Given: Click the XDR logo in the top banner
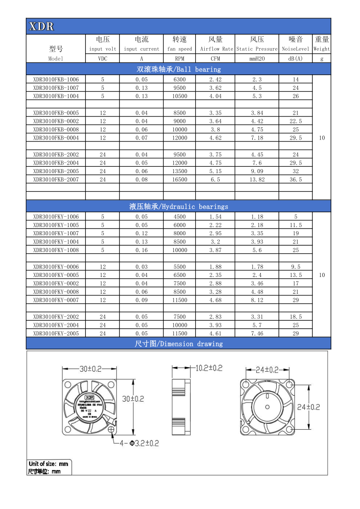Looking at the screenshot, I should [41, 26].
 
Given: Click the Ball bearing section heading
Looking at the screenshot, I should [178, 69].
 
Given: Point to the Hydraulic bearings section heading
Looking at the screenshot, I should [178, 206].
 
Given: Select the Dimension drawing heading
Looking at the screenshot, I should [178, 344].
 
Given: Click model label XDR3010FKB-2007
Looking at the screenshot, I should [56, 179].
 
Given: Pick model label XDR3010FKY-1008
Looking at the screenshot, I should [56, 250].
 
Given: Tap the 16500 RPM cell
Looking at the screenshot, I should [180, 179].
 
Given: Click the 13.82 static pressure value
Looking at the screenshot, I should [257, 179].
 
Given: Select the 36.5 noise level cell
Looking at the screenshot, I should [296, 179].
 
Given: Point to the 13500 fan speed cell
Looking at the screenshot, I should [180, 171].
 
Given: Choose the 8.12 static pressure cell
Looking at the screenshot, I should [257, 300].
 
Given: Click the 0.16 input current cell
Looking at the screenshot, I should [141, 250].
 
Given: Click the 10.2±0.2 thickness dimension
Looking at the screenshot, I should [209, 368].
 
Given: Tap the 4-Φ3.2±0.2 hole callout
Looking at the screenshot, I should [139, 443].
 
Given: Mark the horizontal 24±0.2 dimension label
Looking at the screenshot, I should [266, 369].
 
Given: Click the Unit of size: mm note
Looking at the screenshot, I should [48, 464].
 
